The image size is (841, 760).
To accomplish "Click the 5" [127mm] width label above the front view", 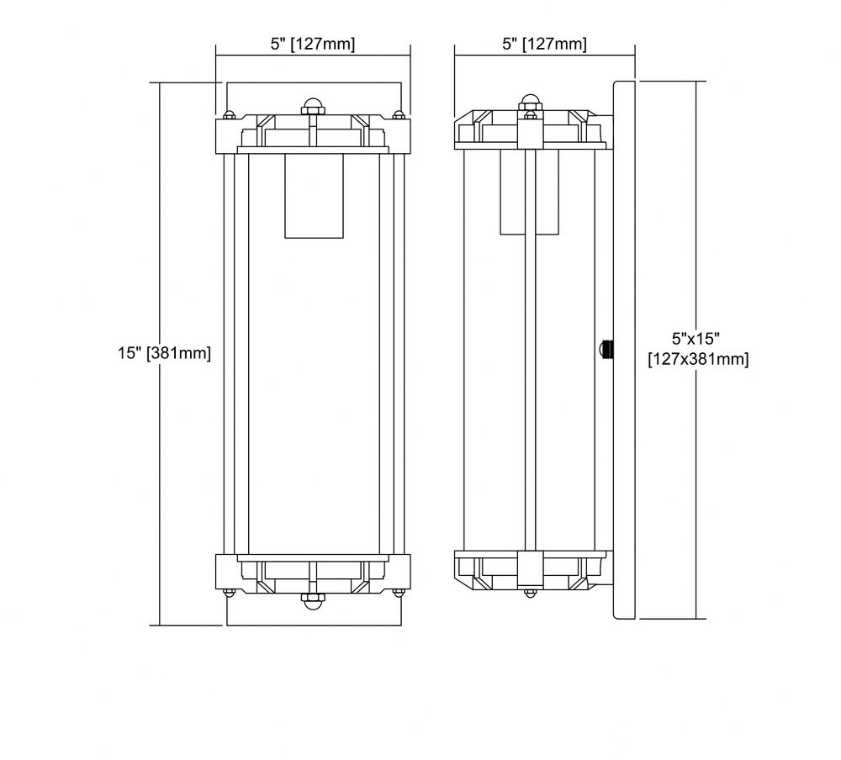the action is pos(312,44).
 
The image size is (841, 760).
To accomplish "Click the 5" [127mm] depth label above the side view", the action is pos(544,44).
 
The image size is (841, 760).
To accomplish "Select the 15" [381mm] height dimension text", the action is pos(165,353).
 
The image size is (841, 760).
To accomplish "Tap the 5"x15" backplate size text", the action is pos(696,339).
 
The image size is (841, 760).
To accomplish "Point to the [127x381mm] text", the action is pos(698,359).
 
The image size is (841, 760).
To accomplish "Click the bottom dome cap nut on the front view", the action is pos(313,601).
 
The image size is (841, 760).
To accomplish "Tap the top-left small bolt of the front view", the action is pos(229,115).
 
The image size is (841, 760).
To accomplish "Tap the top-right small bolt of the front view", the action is pos(398,115).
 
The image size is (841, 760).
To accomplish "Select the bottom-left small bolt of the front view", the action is pos(229,592).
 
